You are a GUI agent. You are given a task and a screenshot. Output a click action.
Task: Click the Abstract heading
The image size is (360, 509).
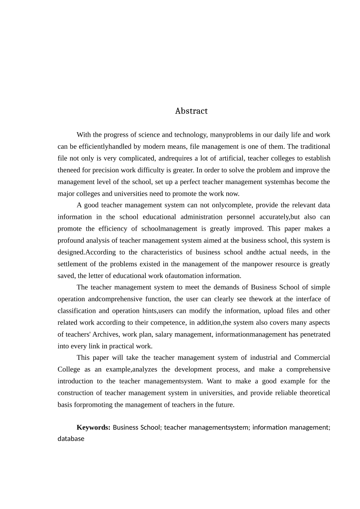tap(191, 111)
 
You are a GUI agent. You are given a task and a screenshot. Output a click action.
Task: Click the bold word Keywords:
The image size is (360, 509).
tap(93, 427)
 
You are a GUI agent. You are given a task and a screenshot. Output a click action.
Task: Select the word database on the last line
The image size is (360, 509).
tap(71, 439)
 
